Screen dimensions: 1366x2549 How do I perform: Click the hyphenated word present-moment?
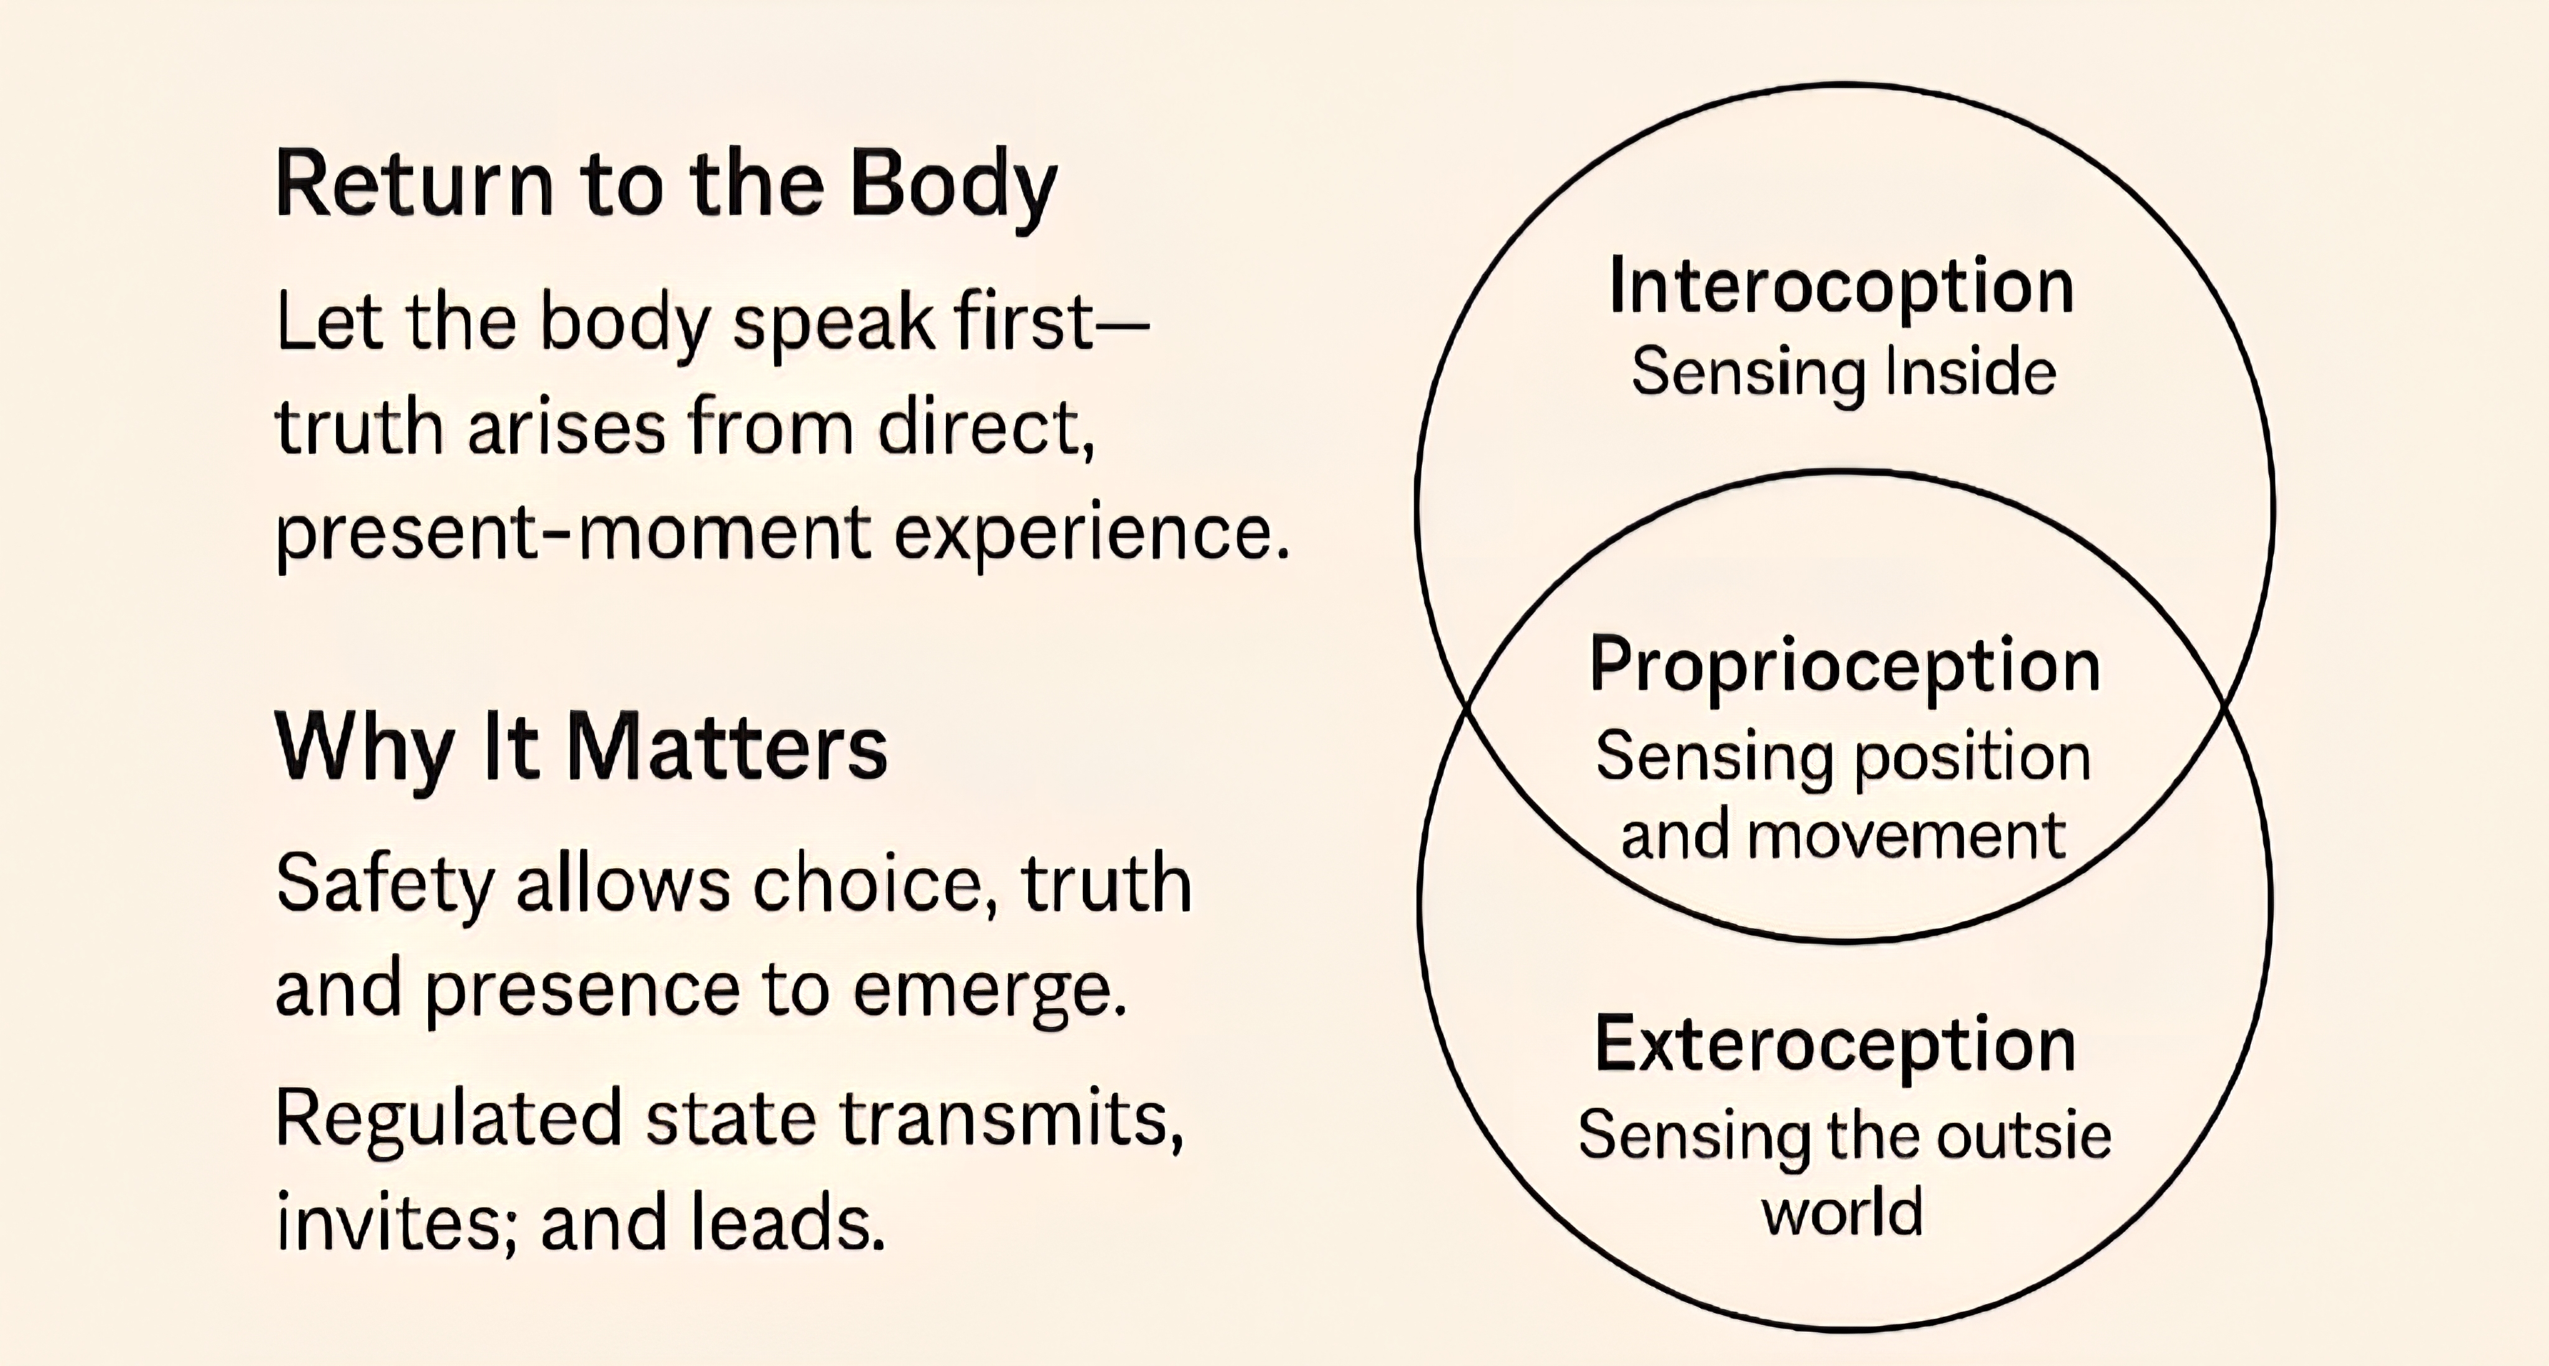[x=573, y=534]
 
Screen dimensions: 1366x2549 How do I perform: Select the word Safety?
[x=384, y=885]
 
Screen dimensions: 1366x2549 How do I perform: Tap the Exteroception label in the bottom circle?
[x=1836, y=1044]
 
